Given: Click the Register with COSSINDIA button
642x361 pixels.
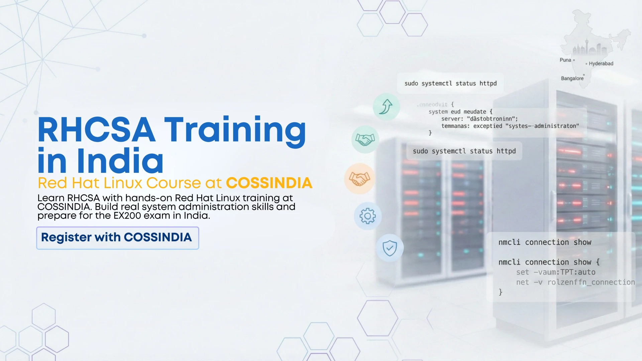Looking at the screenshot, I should click(x=117, y=238).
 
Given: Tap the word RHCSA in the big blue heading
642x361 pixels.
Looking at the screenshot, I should click(x=96, y=130).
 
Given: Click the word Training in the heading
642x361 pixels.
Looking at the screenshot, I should click(x=235, y=130).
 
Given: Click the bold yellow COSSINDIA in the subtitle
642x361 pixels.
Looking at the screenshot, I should click(x=269, y=183).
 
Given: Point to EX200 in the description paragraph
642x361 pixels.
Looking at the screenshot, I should click(x=127, y=216).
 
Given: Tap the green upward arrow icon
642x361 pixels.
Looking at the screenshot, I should click(x=386, y=107).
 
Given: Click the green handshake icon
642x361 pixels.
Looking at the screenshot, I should click(x=365, y=139).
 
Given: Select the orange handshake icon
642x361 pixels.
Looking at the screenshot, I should click(x=359, y=178).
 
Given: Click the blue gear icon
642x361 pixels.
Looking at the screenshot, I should click(x=367, y=216).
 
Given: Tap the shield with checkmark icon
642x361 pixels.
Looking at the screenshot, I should click(x=390, y=248).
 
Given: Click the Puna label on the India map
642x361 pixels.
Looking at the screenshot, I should click(x=565, y=60).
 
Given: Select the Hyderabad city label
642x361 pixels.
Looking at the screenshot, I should click(x=601, y=64).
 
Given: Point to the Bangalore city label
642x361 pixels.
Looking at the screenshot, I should click(x=572, y=79).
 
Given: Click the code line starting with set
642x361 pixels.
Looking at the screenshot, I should click(x=555, y=272).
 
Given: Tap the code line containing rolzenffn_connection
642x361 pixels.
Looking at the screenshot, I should click(x=575, y=282).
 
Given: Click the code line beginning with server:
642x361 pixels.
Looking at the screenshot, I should click(x=479, y=119).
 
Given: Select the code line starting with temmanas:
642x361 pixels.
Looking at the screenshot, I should click(x=510, y=126).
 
